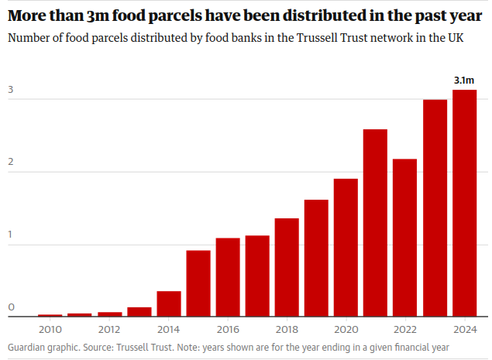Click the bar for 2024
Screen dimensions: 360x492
tap(465, 203)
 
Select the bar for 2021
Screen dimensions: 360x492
tap(376, 223)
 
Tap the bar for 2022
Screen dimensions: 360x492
tap(405, 238)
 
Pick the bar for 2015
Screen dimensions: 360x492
tap(198, 283)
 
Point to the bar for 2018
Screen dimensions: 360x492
tap(287, 267)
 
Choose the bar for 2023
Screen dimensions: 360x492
tap(435, 207)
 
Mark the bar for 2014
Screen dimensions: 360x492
tap(169, 303)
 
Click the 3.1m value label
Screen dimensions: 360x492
tap(464, 80)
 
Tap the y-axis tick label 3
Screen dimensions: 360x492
tap(12, 90)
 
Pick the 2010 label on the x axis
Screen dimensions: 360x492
tap(50, 328)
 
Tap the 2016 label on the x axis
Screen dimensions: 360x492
tap(228, 328)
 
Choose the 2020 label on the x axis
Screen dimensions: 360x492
tap(346, 328)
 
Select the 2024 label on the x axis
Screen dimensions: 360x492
tap(465, 328)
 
